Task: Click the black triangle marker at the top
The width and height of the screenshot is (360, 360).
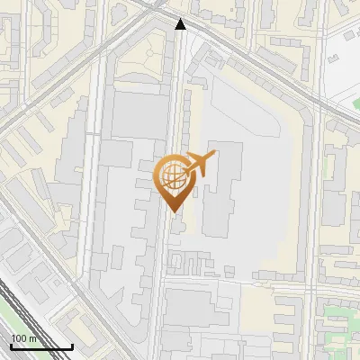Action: (x=181, y=24)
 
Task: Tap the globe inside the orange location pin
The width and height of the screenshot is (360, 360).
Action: (x=173, y=175)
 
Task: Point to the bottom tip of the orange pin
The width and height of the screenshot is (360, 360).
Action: (x=173, y=211)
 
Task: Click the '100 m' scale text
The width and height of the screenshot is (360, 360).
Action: (x=23, y=338)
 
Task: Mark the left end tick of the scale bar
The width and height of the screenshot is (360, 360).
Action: (x=11, y=346)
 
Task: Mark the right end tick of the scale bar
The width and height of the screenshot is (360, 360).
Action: (x=72, y=346)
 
